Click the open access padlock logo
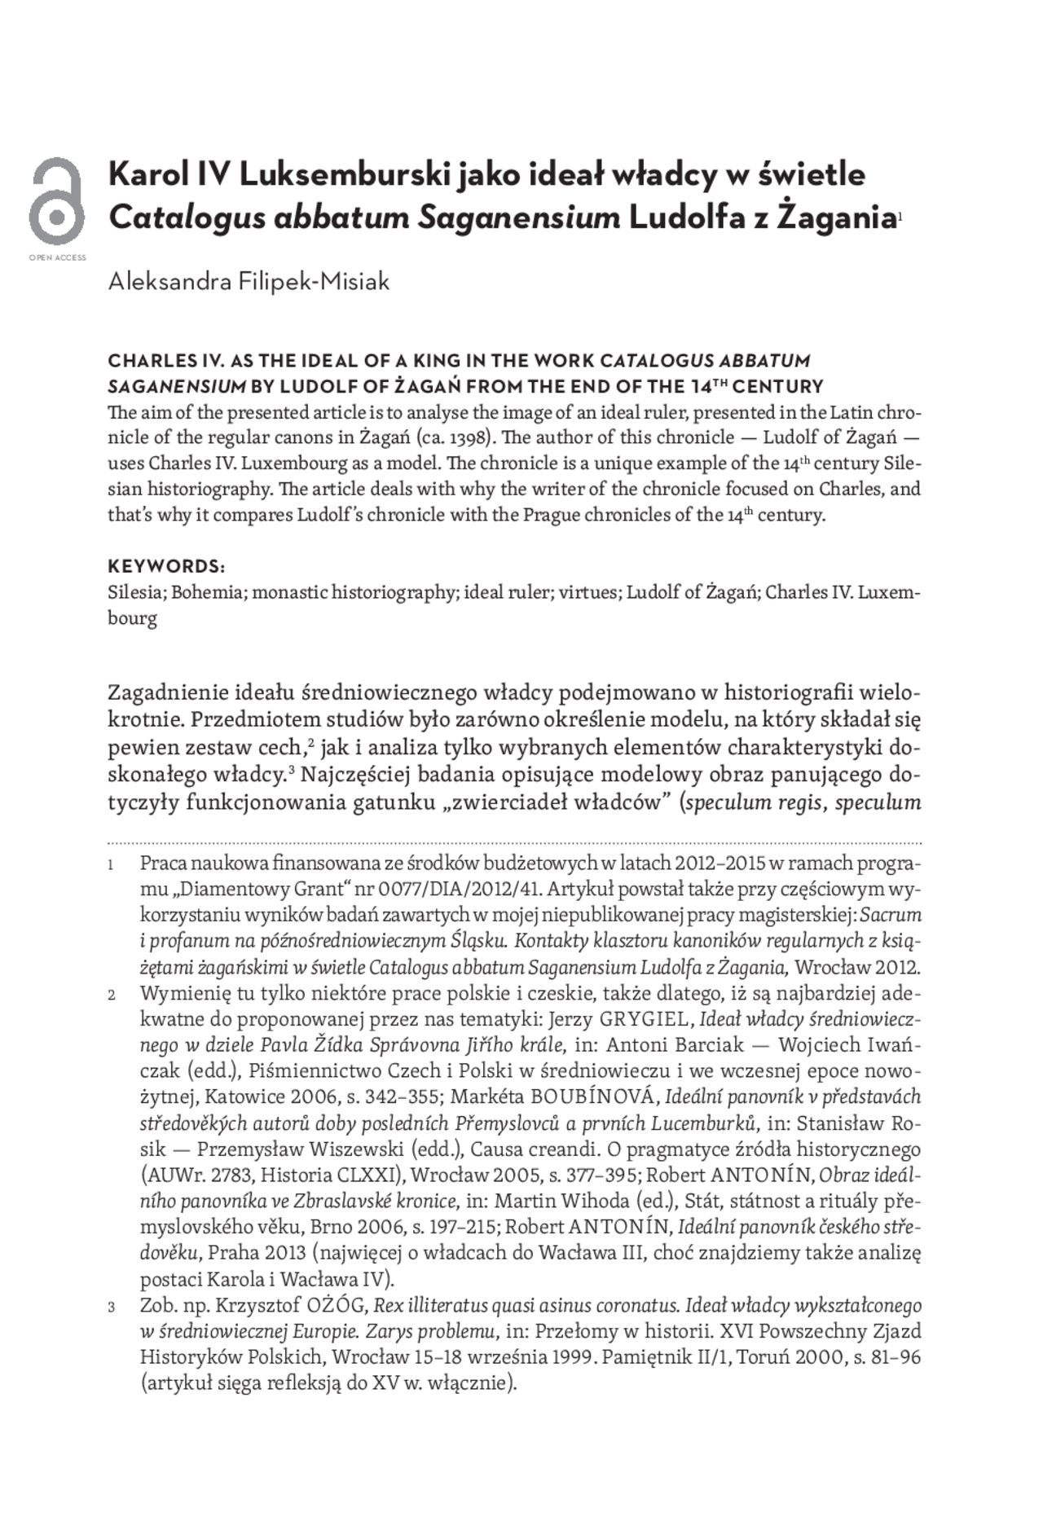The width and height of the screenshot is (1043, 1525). [x=56, y=201]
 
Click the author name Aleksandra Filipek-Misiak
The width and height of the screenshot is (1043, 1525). [x=249, y=282]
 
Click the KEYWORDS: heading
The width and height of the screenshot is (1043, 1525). [x=166, y=566]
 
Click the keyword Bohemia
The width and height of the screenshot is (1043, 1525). [x=207, y=592]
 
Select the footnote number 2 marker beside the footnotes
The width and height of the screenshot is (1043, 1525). [x=112, y=995]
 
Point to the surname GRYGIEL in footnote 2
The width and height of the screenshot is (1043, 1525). [x=643, y=1019]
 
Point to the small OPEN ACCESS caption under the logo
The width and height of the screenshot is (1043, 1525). [x=57, y=257]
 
